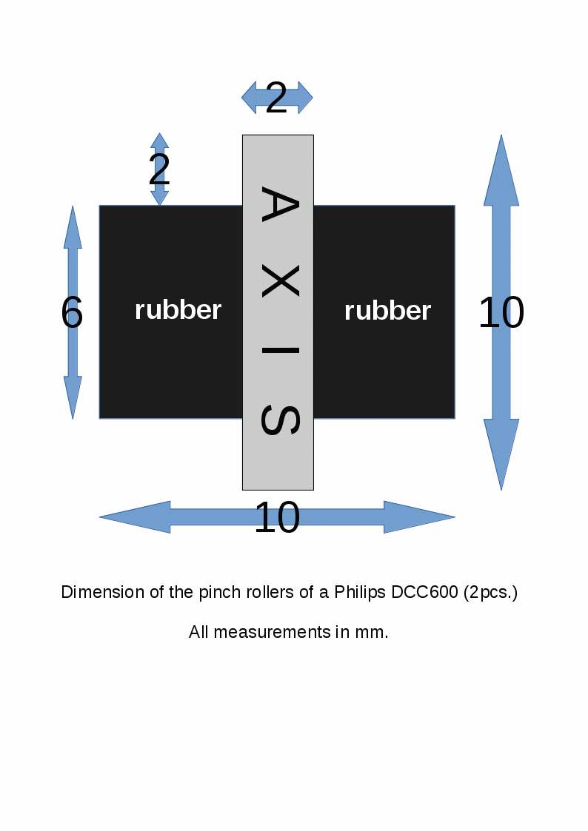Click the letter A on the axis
click(x=279, y=207)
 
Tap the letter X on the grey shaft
click(x=279, y=282)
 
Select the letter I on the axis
click(x=279, y=350)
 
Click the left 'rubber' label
click(x=178, y=310)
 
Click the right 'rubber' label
click(x=387, y=311)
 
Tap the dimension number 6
click(x=72, y=314)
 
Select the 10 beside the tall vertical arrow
click(x=501, y=313)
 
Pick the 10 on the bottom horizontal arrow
click(x=276, y=518)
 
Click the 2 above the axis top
click(x=276, y=98)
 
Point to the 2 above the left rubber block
click(x=159, y=172)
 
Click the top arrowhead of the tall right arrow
click(x=501, y=170)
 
